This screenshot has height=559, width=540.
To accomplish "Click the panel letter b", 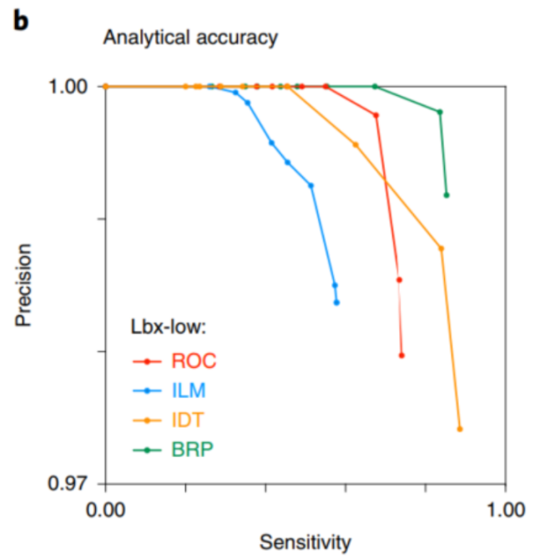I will coord(19,21).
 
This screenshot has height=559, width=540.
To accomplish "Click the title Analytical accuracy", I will coord(189,37).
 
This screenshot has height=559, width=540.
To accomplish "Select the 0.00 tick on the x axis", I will coord(105,508).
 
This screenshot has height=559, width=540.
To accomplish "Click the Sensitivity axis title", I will coord(305,542).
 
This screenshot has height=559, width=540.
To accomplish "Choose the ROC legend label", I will coord(194,360).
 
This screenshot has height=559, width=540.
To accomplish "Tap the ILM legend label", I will coord(189,390).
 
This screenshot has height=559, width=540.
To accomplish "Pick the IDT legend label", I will coord(189,420).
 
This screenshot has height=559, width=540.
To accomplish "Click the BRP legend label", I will coord(193,450).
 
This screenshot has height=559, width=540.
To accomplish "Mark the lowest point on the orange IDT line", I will coord(460,429).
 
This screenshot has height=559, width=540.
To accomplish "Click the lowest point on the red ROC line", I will coord(401,355).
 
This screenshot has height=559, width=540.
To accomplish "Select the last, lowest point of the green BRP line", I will coord(447,195).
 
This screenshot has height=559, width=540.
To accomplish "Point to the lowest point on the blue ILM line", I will coord(336,302).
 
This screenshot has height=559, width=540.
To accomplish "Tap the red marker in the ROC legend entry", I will coord(147,360).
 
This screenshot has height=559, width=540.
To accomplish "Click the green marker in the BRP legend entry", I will coord(147,450).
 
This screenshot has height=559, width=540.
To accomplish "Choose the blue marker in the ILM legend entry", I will coord(147,390).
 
